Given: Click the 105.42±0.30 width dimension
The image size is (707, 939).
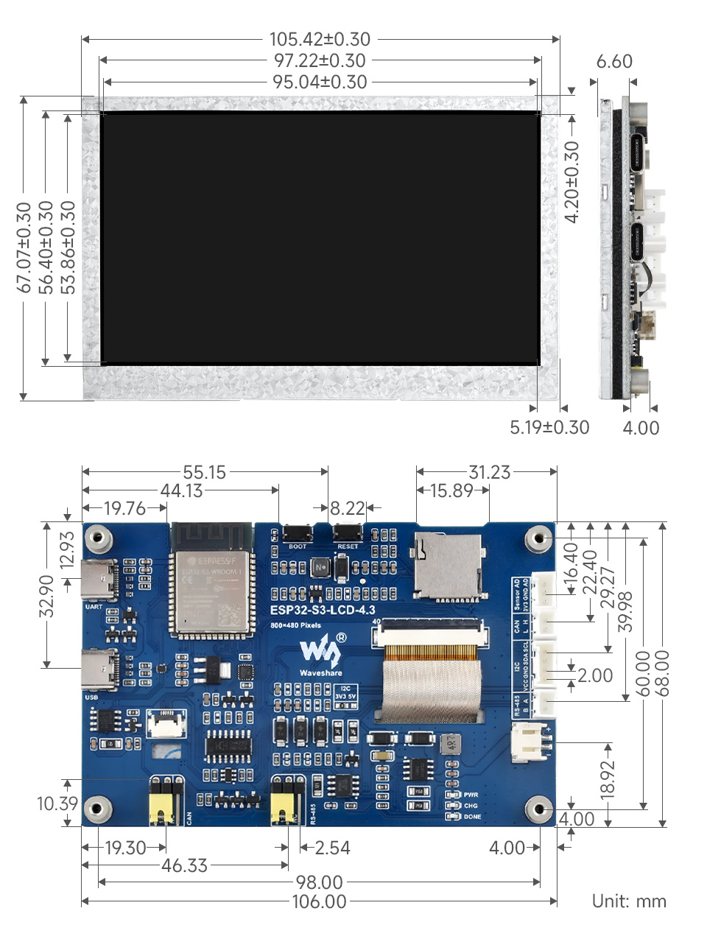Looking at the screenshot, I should click(320, 39).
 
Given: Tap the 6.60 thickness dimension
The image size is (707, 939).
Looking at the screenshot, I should click(614, 62).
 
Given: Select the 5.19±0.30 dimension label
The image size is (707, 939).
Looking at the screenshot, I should click(549, 428).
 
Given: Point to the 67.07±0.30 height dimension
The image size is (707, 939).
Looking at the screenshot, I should click(24, 247).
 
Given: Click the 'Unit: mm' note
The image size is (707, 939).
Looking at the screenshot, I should click(629, 901).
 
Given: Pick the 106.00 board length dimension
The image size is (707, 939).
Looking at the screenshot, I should click(319, 901).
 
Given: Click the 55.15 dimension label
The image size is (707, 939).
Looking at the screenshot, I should click(205, 472).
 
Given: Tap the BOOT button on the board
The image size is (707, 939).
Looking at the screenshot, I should click(298, 532).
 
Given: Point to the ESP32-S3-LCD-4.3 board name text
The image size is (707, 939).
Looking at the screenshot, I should click(323, 610).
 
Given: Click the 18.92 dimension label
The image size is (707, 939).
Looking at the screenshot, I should click(608, 780).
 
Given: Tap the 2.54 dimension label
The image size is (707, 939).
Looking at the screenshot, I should click(332, 848).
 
